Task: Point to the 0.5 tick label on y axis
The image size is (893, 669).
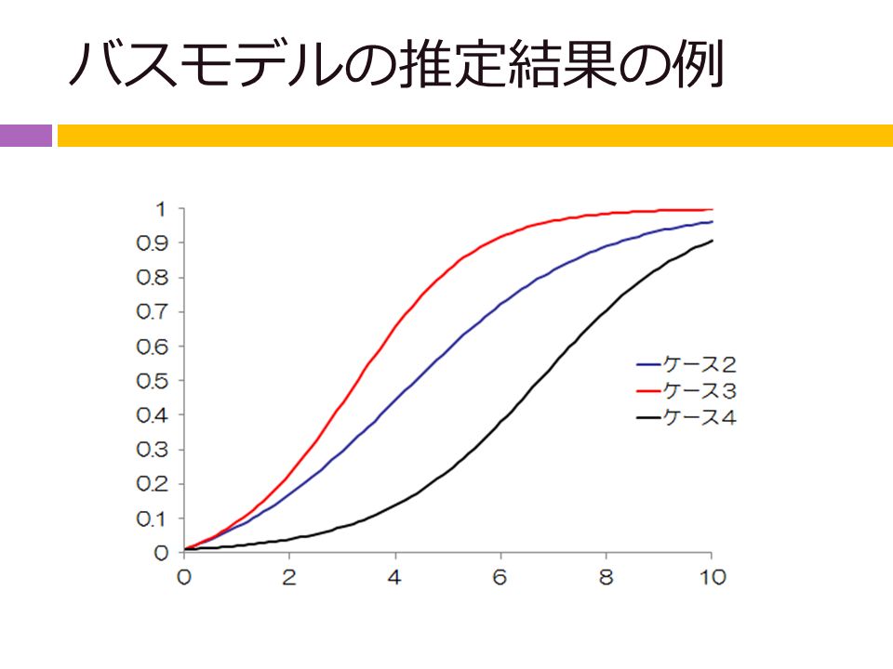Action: point(153,381)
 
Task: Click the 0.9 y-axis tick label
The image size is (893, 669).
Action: point(153,243)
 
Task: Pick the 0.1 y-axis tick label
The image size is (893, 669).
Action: point(153,518)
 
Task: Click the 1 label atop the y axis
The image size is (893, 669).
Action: point(161,209)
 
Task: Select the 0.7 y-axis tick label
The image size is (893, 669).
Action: point(153,312)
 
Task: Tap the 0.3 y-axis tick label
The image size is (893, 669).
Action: point(153,450)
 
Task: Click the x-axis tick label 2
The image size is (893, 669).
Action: point(289,577)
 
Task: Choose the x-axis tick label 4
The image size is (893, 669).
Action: point(394,577)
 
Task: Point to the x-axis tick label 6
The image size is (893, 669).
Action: point(500,577)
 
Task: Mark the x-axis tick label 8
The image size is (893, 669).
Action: point(606,577)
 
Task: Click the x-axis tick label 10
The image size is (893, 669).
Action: point(713,577)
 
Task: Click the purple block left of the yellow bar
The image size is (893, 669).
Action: point(26,136)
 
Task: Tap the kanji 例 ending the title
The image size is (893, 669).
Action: point(697,63)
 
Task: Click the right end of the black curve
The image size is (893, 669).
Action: point(712,241)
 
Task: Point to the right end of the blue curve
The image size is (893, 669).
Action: point(712,222)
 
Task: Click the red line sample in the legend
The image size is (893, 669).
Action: point(648,391)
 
